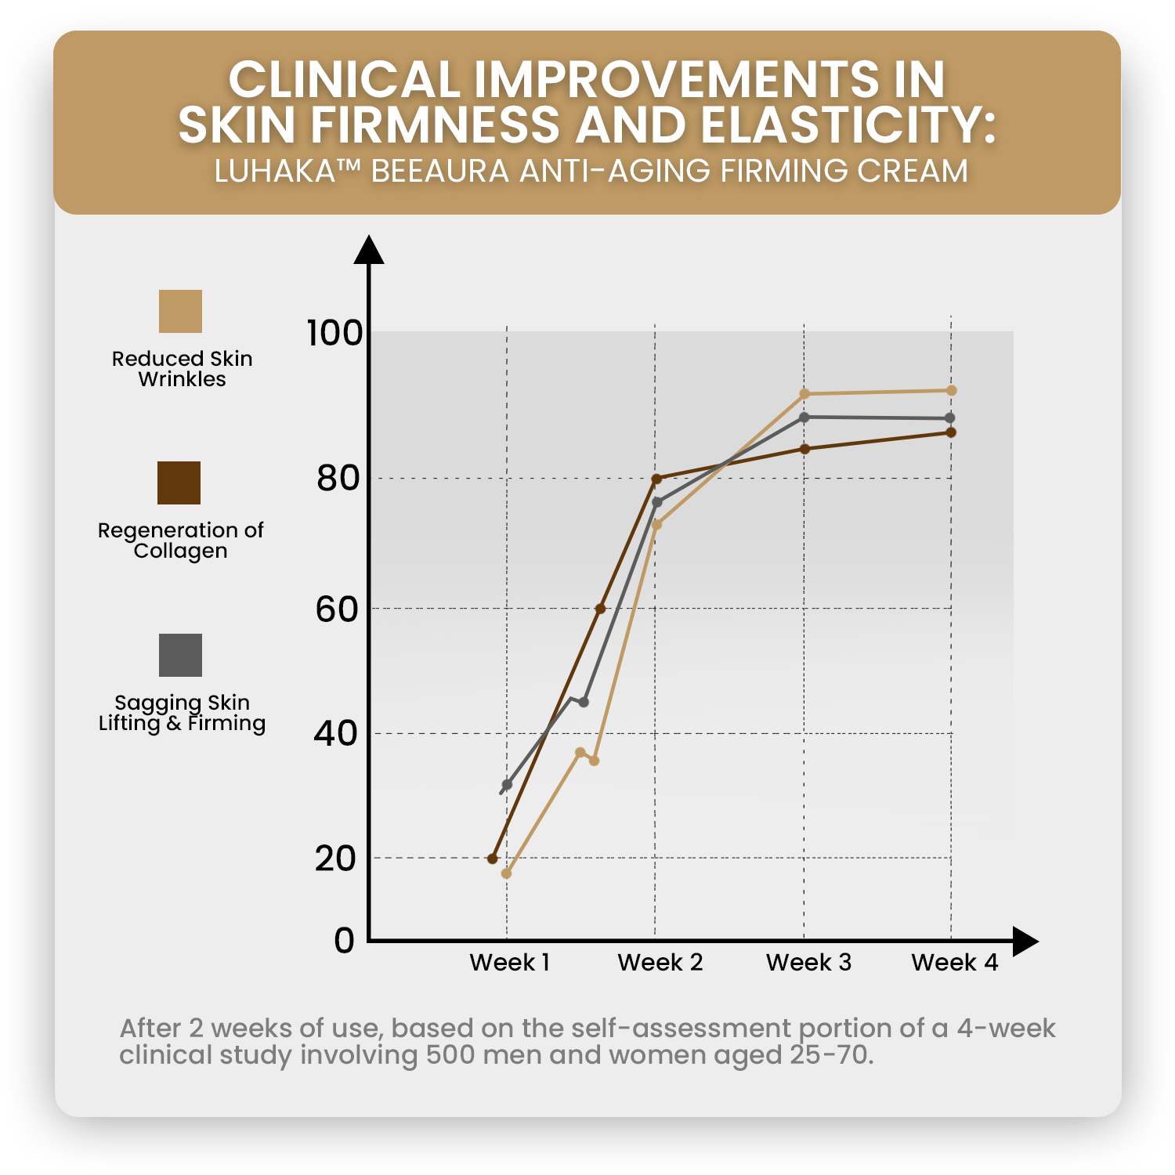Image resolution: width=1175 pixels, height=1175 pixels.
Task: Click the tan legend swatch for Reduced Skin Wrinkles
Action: point(180,311)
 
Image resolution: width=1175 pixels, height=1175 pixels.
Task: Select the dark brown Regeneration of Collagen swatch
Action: point(179,483)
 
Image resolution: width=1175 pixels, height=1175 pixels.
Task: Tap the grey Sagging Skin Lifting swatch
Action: point(180,655)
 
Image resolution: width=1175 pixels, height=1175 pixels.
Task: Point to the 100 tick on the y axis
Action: point(334,333)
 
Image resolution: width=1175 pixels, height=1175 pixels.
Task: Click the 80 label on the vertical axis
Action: point(338,478)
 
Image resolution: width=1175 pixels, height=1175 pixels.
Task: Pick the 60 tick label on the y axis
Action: point(337,609)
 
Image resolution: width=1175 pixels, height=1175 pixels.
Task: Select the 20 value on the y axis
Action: point(335,859)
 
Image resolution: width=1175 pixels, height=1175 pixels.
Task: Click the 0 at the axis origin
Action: point(344,940)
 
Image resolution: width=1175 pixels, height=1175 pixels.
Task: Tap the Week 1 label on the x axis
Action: point(509,963)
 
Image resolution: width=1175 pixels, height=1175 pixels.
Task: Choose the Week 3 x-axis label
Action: point(808,963)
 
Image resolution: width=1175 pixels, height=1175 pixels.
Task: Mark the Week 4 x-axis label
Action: point(954,963)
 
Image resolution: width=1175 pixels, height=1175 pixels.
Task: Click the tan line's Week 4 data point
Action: point(951,391)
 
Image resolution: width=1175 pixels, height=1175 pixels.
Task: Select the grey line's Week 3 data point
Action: point(804,418)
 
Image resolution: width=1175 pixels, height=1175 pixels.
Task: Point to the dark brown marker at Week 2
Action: point(656,479)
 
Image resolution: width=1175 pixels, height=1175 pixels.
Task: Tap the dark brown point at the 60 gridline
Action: point(601,609)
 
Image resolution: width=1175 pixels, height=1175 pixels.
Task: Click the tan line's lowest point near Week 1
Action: point(506,873)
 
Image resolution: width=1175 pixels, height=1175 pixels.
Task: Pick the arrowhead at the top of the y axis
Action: point(369,250)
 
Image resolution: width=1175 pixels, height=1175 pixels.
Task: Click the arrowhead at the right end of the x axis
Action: point(1025,941)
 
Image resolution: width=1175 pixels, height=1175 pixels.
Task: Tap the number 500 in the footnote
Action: point(450,1055)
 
